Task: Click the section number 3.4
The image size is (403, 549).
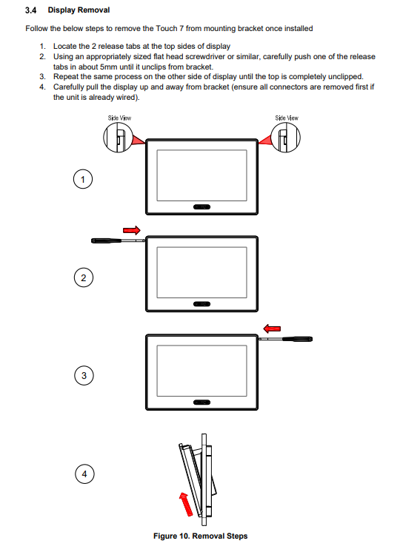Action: point(31,10)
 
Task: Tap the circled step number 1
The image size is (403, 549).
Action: point(83,179)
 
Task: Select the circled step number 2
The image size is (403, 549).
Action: point(84,277)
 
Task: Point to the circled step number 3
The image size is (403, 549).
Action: point(84,375)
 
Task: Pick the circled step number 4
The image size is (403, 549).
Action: point(84,474)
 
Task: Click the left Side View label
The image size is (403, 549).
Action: point(119,118)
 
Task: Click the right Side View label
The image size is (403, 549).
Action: point(287,118)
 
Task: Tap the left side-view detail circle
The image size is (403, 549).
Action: point(104,138)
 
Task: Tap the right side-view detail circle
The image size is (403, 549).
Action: point(300,138)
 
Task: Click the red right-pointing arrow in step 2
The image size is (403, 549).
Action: point(132,230)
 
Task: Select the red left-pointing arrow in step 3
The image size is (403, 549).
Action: point(272,329)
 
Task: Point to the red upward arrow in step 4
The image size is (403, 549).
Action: point(186,504)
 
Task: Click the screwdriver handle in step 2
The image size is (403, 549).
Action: point(106,240)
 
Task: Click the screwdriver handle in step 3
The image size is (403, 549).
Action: point(298,339)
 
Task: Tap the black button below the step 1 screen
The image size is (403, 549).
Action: point(201,207)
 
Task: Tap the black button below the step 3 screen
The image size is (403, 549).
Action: point(201,403)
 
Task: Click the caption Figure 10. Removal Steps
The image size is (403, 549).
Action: point(201,536)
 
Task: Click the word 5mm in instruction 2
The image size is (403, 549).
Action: point(108,67)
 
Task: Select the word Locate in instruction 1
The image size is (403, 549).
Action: point(65,46)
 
